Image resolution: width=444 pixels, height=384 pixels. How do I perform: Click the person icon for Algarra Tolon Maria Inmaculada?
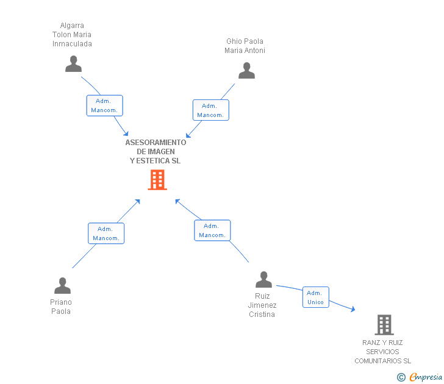pos(73,64)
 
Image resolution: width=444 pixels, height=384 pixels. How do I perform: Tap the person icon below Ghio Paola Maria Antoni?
pos(246,71)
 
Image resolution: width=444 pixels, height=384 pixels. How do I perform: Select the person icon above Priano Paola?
pos(62,285)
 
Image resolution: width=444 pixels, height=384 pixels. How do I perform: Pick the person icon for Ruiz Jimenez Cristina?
pos(263,280)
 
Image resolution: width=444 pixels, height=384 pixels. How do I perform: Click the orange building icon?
pos(157,180)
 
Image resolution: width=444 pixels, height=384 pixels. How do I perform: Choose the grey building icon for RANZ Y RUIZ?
pos(384,325)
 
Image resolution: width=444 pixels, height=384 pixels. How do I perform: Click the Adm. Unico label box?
pos(315,297)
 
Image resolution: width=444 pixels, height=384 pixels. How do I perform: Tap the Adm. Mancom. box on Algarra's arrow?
pos(104,105)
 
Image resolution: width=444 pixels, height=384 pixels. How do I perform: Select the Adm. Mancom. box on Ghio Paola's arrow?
pos(210,110)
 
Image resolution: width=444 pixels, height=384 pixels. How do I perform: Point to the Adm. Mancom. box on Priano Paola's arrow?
pos(106,233)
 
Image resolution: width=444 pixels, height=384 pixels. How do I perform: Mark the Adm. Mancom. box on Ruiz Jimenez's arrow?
pos(212,230)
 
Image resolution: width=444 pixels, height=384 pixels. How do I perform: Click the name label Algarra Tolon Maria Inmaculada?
pos(72,35)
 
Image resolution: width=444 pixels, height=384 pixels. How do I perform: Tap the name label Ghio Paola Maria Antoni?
pos(245,46)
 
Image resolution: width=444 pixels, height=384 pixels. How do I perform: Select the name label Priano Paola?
pos(61,307)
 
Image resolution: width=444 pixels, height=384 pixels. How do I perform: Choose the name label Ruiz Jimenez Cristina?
pos(262,305)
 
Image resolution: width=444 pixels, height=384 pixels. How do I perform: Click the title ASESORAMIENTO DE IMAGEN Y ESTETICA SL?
pos(156,152)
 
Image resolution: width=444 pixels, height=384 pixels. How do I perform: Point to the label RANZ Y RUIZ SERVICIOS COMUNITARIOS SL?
pos(383,352)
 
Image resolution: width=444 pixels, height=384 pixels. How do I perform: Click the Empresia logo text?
pos(426,377)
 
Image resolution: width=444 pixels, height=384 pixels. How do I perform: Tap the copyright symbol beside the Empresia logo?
pos(401,377)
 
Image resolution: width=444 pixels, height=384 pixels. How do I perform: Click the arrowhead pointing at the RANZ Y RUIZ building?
pos(352,309)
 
